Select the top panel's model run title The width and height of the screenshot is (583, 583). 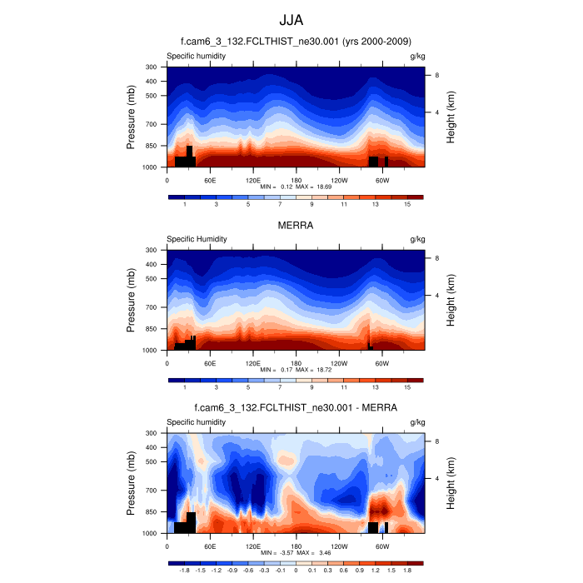pyautogui.click(x=296, y=42)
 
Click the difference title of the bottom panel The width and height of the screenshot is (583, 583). pyautogui.click(x=296, y=408)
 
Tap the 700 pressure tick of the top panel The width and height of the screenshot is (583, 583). pyautogui.click(x=152, y=124)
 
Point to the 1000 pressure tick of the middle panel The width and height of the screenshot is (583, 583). pyautogui.click(x=150, y=351)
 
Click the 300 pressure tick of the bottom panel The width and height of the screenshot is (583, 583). pyautogui.click(x=152, y=433)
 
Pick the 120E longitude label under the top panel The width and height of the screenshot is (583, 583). pyautogui.click(x=253, y=179)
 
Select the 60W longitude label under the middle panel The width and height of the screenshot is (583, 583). pyautogui.click(x=382, y=362)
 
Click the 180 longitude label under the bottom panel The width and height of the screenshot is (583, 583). pyautogui.click(x=296, y=546)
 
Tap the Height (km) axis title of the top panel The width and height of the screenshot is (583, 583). pyautogui.click(x=451, y=117)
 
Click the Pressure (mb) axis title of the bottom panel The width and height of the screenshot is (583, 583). pyautogui.click(x=132, y=483)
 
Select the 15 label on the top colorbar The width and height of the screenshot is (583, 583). pyautogui.click(x=407, y=204)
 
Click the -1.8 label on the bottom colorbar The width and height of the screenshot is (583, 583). pyautogui.click(x=184, y=571)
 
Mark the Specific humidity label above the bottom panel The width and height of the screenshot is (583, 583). pyautogui.click(x=197, y=422)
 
